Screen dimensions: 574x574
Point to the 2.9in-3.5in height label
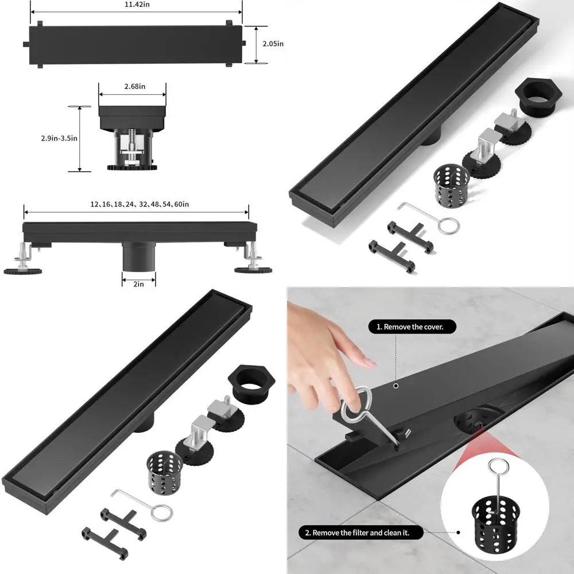click(x=59, y=138)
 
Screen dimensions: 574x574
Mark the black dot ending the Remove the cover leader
click(x=395, y=386)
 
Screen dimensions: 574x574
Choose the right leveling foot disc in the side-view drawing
click(x=248, y=269)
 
